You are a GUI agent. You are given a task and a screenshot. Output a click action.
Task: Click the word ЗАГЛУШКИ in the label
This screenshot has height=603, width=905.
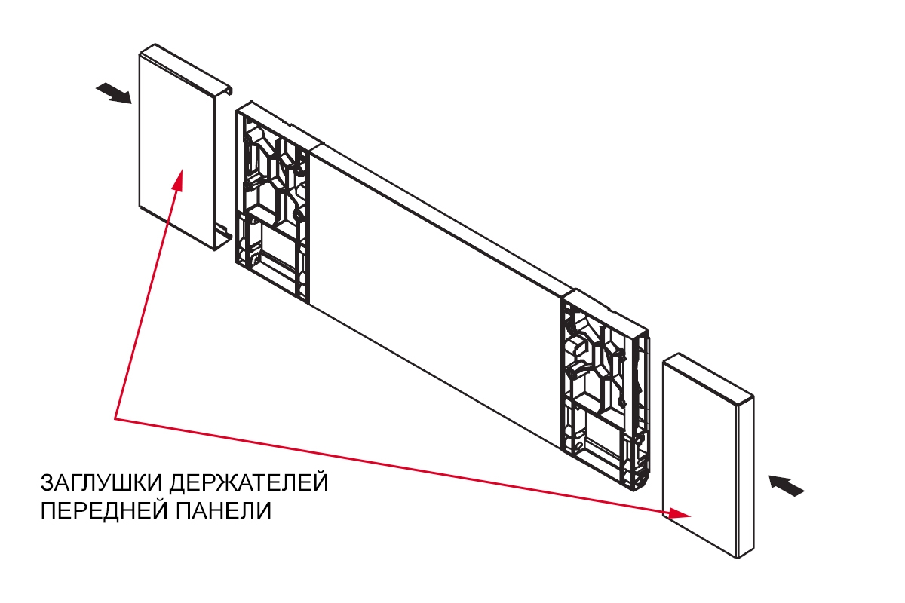click(101, 482)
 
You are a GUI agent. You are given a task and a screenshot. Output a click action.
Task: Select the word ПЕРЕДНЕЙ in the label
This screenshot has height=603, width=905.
click(104, 511)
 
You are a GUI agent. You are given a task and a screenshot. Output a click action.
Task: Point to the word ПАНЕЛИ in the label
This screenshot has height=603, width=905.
click(223, 510)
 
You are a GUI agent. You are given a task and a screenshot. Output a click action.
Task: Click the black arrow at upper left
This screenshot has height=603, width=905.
click(114, 93)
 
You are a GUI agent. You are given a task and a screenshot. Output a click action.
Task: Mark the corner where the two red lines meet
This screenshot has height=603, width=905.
click(115, 418)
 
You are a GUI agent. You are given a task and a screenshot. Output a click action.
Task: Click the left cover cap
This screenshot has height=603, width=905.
click(185, 147)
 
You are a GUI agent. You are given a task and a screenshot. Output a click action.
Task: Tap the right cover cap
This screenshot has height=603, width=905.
click(708, 456)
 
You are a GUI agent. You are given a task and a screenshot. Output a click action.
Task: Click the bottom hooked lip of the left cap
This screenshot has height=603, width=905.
click(222, 238)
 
